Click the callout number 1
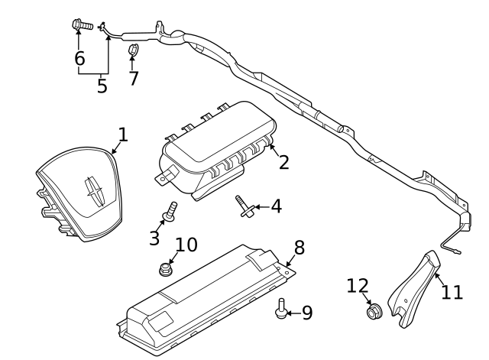[122, 135]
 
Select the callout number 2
[283, 161]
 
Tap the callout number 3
[154, 238]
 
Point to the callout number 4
[275, 206]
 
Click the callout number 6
[79, 58]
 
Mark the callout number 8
[299, 247]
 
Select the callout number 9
[306, 313]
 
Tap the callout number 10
[186, 245]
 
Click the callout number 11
[452, 292]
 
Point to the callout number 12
[358, 286]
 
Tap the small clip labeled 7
[133, 51]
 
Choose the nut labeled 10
[164, 268]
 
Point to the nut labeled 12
[374, 312]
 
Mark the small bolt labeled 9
[283, 306]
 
